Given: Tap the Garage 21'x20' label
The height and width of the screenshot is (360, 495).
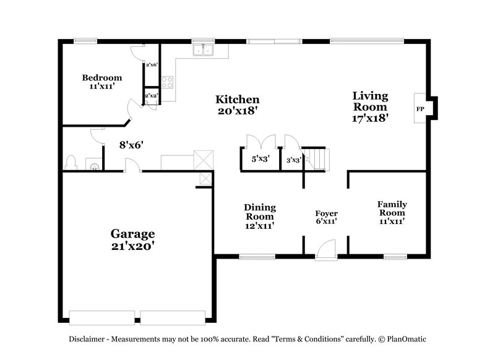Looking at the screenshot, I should click(x=132, y=239).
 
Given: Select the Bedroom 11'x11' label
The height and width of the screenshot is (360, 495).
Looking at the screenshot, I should click(x=102, y=82).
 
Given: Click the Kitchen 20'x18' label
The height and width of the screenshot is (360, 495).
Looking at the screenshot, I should click(x=237, y=105).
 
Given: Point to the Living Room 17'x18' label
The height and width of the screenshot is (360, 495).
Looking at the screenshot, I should click(x=370, y=106).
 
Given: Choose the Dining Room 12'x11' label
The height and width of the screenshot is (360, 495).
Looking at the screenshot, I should click(x=259, y=216).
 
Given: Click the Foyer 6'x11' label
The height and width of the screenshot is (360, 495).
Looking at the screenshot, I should click(x=326, y=217).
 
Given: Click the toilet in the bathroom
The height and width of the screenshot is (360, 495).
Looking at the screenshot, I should click(x=71, y=163).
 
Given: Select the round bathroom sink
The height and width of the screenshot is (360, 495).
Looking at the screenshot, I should click(x=93, y=165).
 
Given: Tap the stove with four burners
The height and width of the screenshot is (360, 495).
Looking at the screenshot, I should click(x=167, y=80).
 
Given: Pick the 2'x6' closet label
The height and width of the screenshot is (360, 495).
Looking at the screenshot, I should click(x=152, y=64).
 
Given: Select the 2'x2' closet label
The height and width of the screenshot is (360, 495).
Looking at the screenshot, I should click(x=151, y=96).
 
